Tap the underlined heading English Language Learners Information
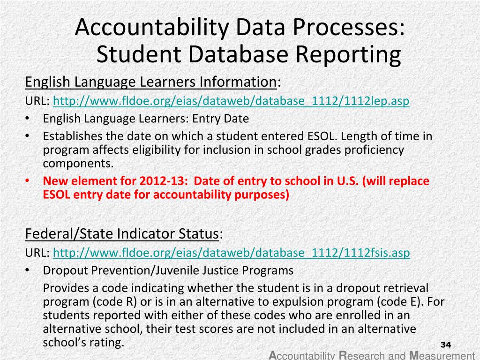coord(150,82)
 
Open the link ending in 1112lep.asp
coord(232,101)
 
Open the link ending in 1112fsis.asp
coord(232,253)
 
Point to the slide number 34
coord(445,345)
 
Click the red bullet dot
coord(28,181)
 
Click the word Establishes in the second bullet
coord(72,136)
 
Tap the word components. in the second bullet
coord(78,164)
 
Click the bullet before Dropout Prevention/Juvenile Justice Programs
coord(28,270)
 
